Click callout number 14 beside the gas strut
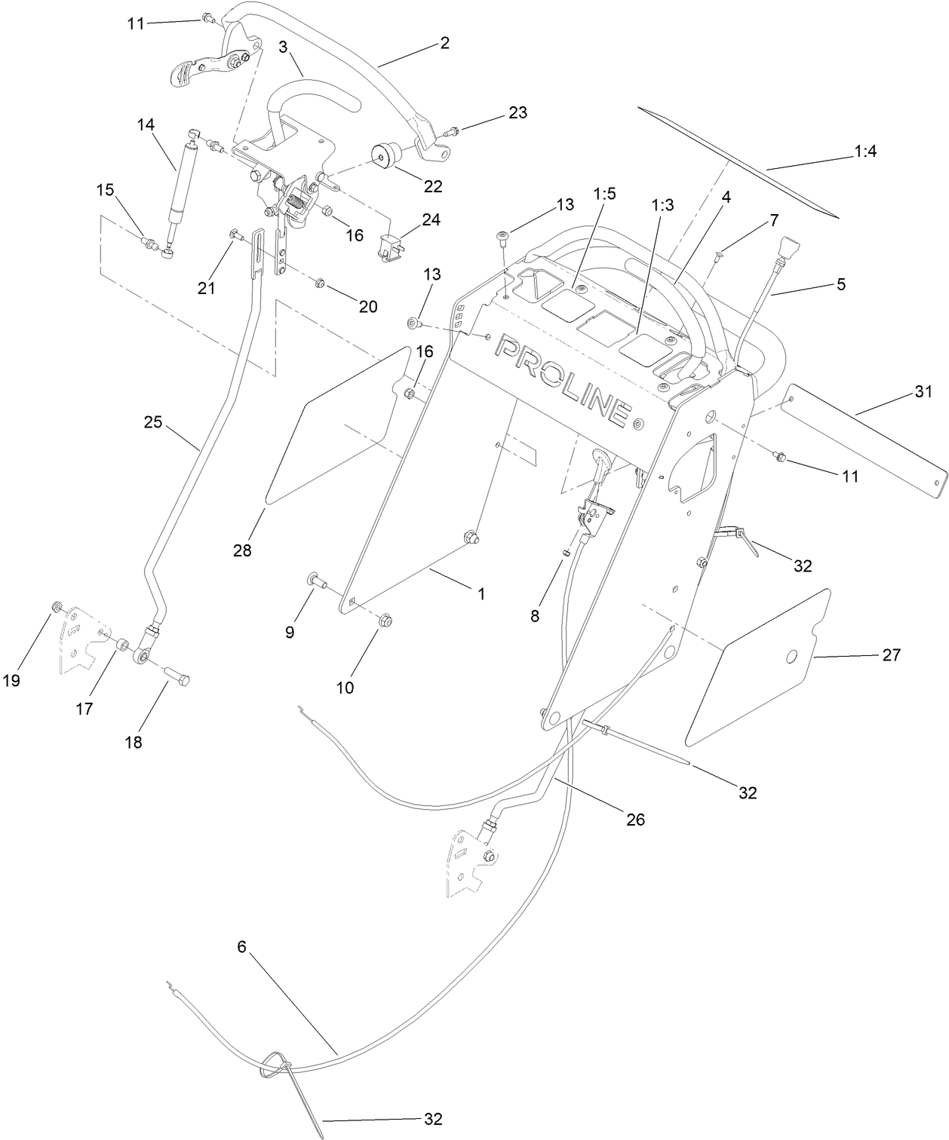pos(146,124)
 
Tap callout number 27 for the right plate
pos(891,655)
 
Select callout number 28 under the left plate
pos(241,551)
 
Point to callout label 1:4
pos(865,152)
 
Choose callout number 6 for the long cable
pos(241,946)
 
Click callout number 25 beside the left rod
pos(153,422)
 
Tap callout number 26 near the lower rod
pos(635,819)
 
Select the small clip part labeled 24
pos(389,247)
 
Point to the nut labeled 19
pos(55,608)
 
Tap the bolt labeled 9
pos(315,581)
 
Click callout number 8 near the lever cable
pos(535,615)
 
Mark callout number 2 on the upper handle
pos(444,43)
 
